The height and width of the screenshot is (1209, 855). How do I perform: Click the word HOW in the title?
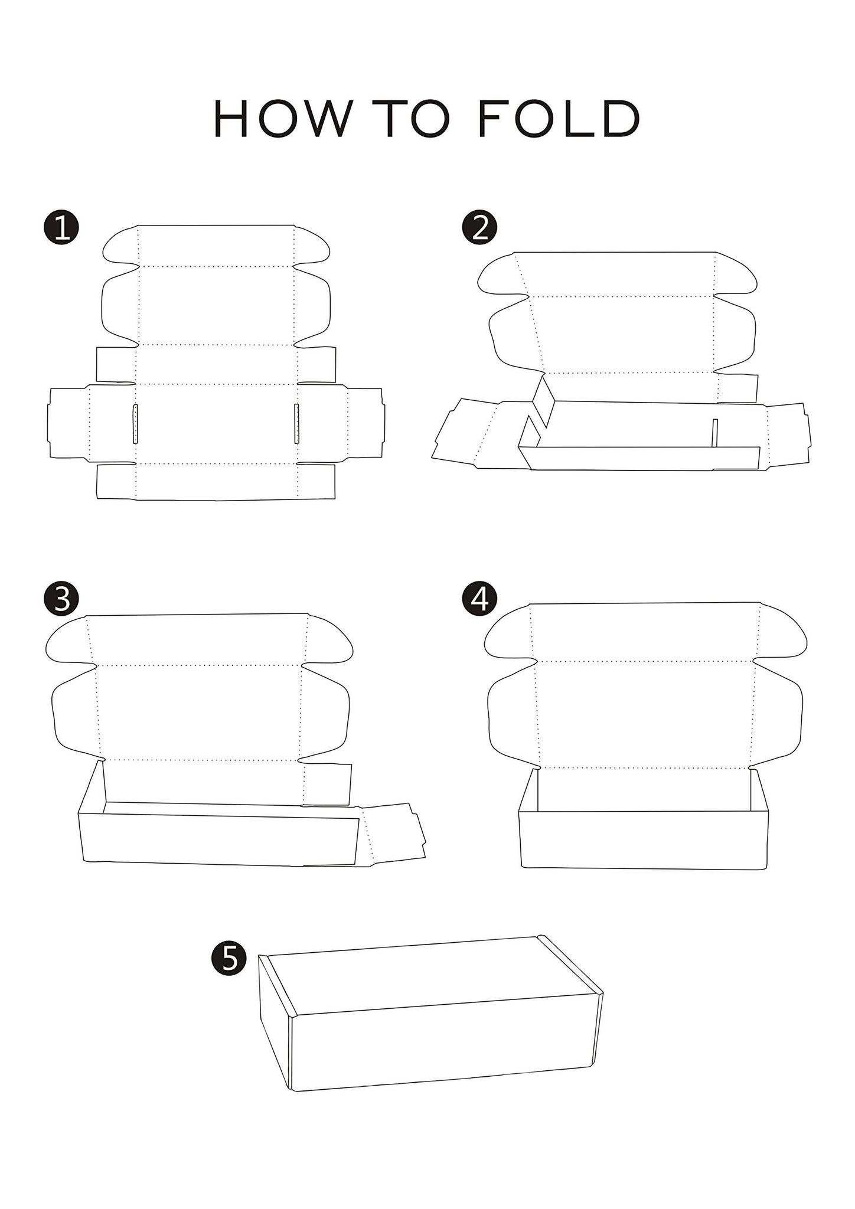pyautogui.click(x=281, y=119)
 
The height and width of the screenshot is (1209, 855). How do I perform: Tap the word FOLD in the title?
pyautogui.click(x=559, y=119)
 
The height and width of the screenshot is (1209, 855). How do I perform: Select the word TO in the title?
pyautogui.click(x=413, y=119)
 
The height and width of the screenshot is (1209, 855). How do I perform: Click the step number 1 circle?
pyautogui.click(x=61, y=228)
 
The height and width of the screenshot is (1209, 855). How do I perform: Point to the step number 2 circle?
pyautogui.click(x=479, y=227)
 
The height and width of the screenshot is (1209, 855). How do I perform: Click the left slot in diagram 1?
pyautogui.click(x=135, y=423)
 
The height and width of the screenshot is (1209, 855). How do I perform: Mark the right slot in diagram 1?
pyautogui.click(x=297, y=423)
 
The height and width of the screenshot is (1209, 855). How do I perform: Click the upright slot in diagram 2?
pyautogui.click(x=714, y=433)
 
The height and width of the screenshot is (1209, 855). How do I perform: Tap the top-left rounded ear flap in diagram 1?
pyautogui.click(x=120, y=247)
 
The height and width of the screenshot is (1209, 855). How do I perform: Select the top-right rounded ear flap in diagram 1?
pyautogui.click(x=312, y=247)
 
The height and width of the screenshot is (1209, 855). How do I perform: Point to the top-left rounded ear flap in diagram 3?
pyautogui.click(x=68, y=641)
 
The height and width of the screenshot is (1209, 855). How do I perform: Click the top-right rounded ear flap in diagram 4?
pyautogui.click(x=781, y=633)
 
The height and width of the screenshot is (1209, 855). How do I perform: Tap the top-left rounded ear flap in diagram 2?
pyautogui.click(x=502, y=275)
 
